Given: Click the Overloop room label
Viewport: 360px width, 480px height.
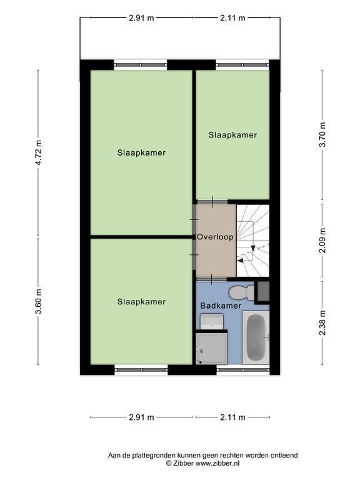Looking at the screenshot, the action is tap(215, 237).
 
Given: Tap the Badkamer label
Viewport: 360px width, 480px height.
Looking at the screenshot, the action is tap(221, 306).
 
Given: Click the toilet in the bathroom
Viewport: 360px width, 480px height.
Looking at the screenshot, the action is tap(241, 292).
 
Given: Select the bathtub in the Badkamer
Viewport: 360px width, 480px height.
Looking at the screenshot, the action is tap(256, 337).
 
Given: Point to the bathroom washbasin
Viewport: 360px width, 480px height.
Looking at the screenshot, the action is tap(211, 321).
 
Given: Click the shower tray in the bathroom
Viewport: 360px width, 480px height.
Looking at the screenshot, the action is tap(211, 349).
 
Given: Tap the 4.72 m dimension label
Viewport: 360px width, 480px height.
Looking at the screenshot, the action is tap(39, 152).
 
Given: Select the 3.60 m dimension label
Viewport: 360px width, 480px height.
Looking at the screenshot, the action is tap(39, 301).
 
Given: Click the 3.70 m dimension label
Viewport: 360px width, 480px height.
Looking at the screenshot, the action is tap(322, 135).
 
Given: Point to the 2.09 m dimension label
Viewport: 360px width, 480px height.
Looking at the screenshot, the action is tap(322, 240).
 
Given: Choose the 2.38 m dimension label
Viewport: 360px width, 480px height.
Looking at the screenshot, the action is tap(322, 322).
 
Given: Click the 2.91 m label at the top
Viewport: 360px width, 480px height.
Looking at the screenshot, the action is tap(141, 17).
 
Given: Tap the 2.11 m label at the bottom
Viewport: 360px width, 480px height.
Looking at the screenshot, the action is tap(232, 417).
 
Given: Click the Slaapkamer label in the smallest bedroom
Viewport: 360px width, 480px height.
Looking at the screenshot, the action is tap(232, 135).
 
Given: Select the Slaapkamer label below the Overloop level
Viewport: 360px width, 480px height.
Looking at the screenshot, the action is tap(141, 302).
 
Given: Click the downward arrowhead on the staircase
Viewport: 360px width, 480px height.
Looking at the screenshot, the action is tap(253, 248).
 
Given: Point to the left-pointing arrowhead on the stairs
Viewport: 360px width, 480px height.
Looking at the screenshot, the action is tap(241, 260).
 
